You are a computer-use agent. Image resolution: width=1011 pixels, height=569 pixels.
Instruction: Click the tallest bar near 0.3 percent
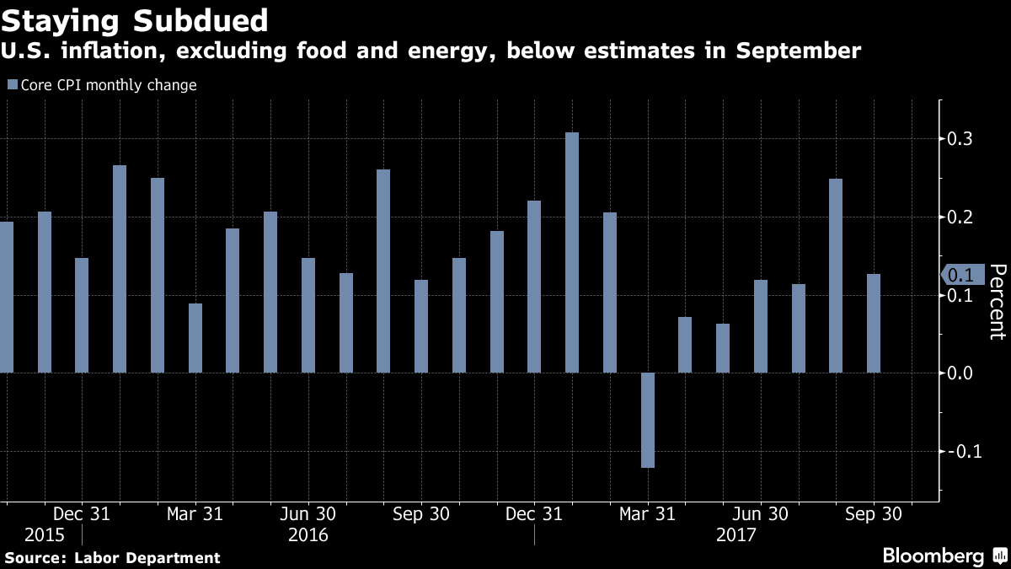[572, 252]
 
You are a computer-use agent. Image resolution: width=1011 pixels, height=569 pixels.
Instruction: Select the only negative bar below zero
[648, 420]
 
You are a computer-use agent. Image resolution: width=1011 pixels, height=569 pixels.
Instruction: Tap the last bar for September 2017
[874, 323]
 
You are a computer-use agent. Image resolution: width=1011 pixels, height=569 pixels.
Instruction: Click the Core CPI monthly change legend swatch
[12, 85]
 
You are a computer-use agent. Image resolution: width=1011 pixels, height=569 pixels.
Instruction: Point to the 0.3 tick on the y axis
[958, 138]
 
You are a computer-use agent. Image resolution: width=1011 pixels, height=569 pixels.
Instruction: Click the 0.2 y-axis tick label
[958, 217]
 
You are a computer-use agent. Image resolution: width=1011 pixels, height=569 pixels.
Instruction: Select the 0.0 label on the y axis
[958, 373]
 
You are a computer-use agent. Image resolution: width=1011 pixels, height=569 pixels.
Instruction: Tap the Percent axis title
[998, 301]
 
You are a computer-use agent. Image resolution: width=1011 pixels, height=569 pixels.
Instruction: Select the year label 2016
[308, 535]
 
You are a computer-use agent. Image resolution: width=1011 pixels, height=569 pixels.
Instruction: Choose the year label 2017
[736, 535]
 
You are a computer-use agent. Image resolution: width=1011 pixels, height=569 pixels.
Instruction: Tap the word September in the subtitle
[799, 51]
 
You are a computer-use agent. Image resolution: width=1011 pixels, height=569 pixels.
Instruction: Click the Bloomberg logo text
[933, 556]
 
